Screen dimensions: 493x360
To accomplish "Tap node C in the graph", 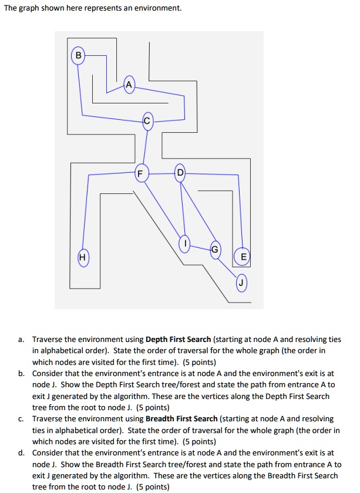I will [147, 121].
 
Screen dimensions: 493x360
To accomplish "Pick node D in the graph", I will [180, 173].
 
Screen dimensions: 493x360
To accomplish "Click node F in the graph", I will [140, 173].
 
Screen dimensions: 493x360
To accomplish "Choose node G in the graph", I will [215, 249].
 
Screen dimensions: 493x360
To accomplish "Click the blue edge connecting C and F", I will [144, 147].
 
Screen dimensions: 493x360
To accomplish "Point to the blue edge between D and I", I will [182, 209].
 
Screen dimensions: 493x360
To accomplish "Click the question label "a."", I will [21, 340].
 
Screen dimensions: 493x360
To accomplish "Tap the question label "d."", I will [21, 453].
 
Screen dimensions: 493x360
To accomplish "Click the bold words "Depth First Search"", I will [179, 340].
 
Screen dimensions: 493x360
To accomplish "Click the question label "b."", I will [21, 374].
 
